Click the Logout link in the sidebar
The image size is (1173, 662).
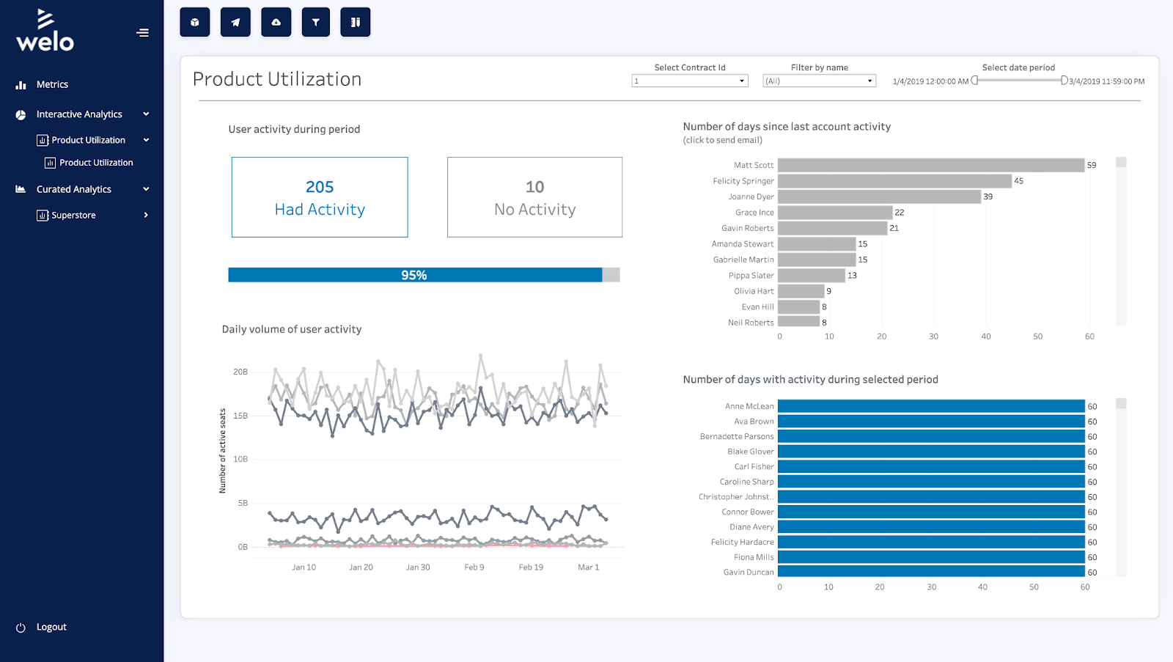tap(51, 627)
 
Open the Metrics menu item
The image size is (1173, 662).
tap(52, 84)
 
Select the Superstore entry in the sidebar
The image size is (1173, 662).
tap(73, 215)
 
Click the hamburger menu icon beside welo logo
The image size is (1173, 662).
tap(142, 32)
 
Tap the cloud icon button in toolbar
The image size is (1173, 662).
tap(276, 22)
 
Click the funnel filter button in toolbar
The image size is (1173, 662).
tap(315, 22)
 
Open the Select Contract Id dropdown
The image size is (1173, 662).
tap(689, 81)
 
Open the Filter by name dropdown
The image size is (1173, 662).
tap(819, 81)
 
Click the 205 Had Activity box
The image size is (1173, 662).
tap(320, 197)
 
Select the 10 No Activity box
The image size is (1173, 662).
tap(534, 197)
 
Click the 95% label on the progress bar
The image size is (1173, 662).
tap(413, 275)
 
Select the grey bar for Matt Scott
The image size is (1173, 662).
tap(930, 166)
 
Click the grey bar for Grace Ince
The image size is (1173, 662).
tap(834, 213)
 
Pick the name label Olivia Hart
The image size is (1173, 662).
tap(754, 291)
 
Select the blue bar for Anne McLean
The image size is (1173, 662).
tap(930, 406)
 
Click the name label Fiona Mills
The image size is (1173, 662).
tap(754, 557)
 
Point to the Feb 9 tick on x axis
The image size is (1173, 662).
tap(474, 567)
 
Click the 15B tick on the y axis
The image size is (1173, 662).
tap(240, 416)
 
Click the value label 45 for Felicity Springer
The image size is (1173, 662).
tap(1018, 181)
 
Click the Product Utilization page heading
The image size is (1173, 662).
tap(277, 79)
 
